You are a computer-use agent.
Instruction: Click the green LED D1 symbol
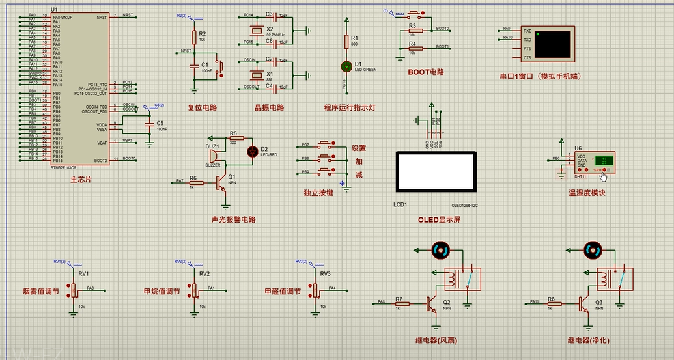pyautogui.click(x=346, y=66)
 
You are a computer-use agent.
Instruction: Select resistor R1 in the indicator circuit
pyautogui.click(x=346, y=42)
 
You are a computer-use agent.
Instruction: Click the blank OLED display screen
pyautogui.click(x=436, y=173)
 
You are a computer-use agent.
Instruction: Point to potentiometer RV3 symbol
pyautogui.click(x=316, y=290)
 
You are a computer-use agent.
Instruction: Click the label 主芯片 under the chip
pyautogui.click(x=81, y=179)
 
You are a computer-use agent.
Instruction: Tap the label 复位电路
pyautogui.click(x=202, y=108)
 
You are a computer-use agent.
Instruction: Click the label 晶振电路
pyautogui.click(x=269, y=108)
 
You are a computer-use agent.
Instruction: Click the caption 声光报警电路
pyautogui.click(x=233, y=220)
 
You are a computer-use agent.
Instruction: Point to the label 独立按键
pyautogui.click(x=318, y=193)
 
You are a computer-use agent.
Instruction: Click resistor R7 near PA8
pyautogui.click(x=399, y=303)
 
